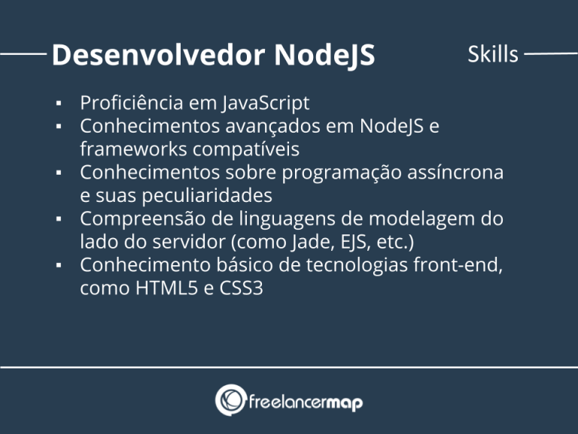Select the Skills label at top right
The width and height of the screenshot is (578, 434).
[493, 54]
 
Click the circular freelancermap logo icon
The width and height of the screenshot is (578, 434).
[230, 400]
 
